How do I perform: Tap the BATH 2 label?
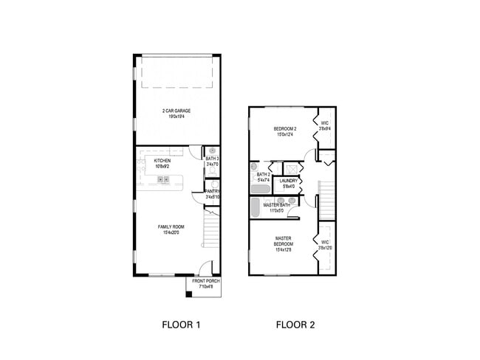[x=263, y=176]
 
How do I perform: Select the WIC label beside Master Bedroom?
[x=325, y=244]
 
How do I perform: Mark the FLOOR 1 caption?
[x=181, y=324]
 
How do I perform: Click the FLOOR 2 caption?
[x=295, y=324]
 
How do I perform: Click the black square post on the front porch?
[x=189, y=294]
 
